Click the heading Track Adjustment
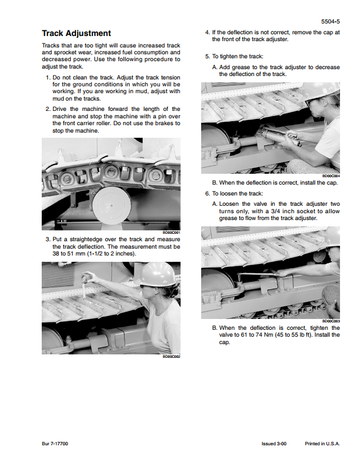pyautogui.click(x=76, y=33)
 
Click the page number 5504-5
pyautogui.click(x=330, y=22)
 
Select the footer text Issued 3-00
pyautogui.click(x=274, y=444)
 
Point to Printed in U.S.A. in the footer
pyautogui.click(x=322, y=444)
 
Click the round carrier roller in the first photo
pyautogui.click(x=112, y=204)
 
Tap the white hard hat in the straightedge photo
pyautogui.click(x=158, y=274)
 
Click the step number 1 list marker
pyautogui.click(x=48, y=78)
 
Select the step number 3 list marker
pyautogui.click(x=48, y=239)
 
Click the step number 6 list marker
pyautogui.click(x=207, y=194)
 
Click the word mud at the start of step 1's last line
pyautogui.click(x=58, y=99)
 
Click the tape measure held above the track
pyautogui.click(x=87, y=278)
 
